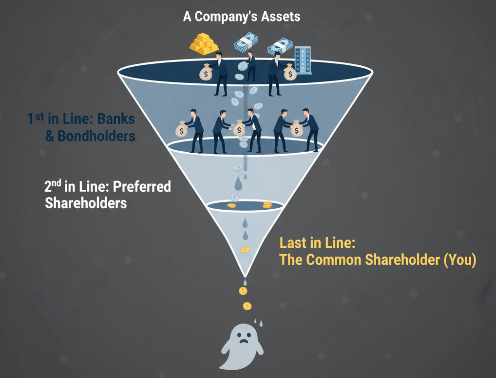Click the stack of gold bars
(204, 44)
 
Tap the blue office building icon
(302, 58)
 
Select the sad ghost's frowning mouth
(242, 342)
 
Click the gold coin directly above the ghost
(247, 306)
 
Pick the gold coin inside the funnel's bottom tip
(245, 250)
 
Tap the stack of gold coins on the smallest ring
(267, 205)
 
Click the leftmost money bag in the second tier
(182, 130)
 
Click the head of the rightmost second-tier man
(306, 112)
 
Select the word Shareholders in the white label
(86, 203)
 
